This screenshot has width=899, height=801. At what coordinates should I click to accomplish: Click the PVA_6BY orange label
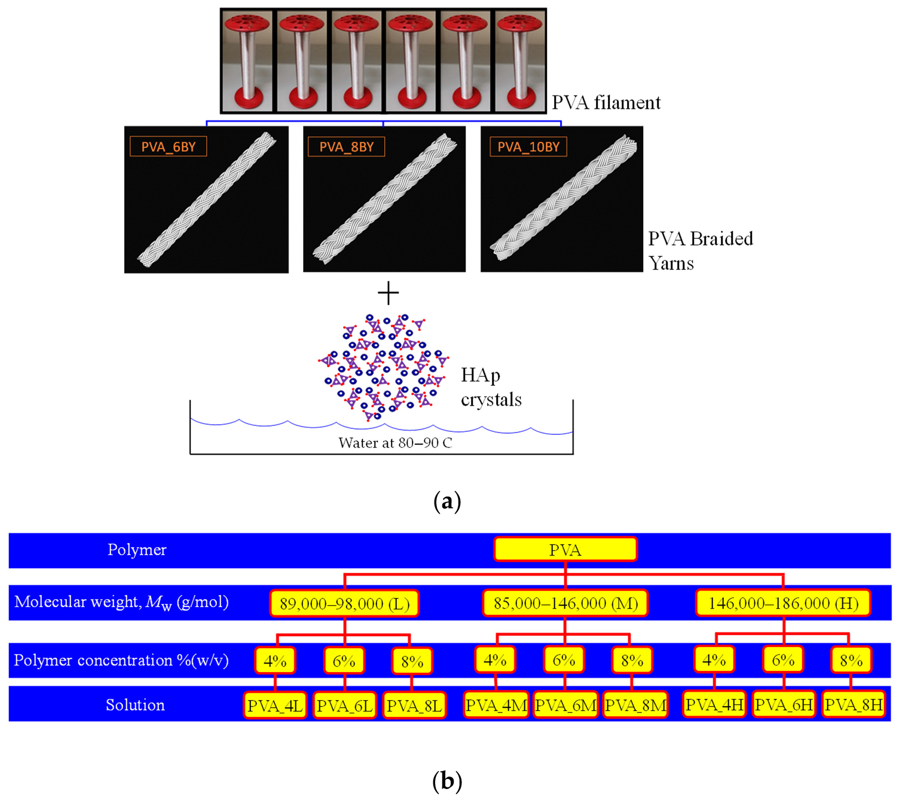tap(168, 147)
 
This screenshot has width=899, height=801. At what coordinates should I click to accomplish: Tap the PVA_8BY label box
tap(346, 147)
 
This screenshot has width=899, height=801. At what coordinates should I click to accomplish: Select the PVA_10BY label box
tap(528, 147)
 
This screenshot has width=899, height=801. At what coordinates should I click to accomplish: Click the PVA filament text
tap(606, 103)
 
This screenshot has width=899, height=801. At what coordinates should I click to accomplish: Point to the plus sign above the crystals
tap(388, 293)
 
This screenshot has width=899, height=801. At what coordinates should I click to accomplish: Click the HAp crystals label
tap(490, 387)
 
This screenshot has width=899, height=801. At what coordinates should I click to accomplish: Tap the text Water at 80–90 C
tap(395, 443)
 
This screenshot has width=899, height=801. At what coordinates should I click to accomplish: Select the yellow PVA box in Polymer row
tap(565, 550)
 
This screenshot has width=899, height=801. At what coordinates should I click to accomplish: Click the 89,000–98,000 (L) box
tap(344, 603)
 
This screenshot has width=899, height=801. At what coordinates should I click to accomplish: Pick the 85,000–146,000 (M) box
tap(565, 603)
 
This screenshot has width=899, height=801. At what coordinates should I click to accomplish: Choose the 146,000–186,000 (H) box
tap(783, 603)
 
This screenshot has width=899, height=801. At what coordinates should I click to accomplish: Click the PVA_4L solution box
tap(275, 705)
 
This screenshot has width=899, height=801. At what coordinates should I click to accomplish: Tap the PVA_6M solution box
tap(565, 705)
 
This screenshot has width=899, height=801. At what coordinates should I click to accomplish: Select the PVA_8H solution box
tap(854, 705)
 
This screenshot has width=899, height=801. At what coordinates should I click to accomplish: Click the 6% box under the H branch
tap(783, 661)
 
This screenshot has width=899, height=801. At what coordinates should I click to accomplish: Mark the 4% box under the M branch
tap(495, 661)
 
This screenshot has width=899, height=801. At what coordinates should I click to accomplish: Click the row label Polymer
tap(137, 550)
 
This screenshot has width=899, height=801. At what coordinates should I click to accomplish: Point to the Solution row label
tap(135, 705)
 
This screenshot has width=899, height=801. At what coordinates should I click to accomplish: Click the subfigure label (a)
tap(447, 501)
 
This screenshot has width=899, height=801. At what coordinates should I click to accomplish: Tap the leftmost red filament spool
tap(247, 62)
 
